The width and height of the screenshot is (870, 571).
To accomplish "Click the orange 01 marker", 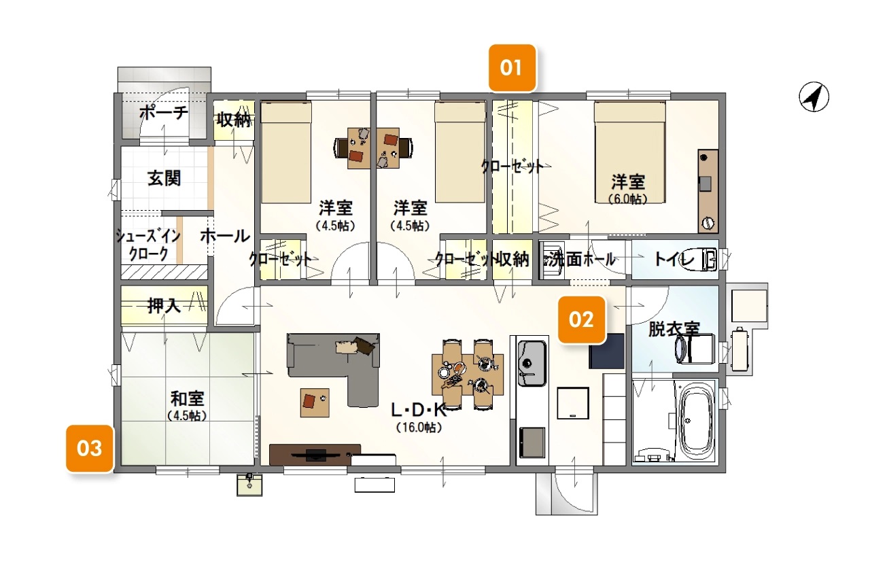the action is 512,68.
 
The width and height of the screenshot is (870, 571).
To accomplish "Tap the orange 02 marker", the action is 581,319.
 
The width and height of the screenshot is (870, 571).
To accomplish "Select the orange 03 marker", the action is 90,448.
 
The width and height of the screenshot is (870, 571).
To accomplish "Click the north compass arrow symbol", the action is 814,97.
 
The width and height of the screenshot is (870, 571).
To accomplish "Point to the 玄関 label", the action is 164,179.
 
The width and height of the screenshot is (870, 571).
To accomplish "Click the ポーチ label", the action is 164,113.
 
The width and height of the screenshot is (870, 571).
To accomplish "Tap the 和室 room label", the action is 188,398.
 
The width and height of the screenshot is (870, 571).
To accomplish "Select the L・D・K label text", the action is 419,410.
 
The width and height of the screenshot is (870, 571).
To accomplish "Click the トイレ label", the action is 674,259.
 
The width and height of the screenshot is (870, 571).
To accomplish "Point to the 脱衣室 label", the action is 674,329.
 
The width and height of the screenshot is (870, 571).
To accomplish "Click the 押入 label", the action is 164,307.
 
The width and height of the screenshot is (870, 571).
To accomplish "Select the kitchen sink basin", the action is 532,363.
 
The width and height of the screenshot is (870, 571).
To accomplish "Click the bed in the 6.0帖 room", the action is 630,152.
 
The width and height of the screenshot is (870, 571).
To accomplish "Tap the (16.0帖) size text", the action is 419,428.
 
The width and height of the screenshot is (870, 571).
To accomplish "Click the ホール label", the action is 225,236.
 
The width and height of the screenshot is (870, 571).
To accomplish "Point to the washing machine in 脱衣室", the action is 695,349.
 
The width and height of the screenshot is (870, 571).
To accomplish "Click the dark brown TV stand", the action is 315,455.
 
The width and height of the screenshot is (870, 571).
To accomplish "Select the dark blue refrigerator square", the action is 607,351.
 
